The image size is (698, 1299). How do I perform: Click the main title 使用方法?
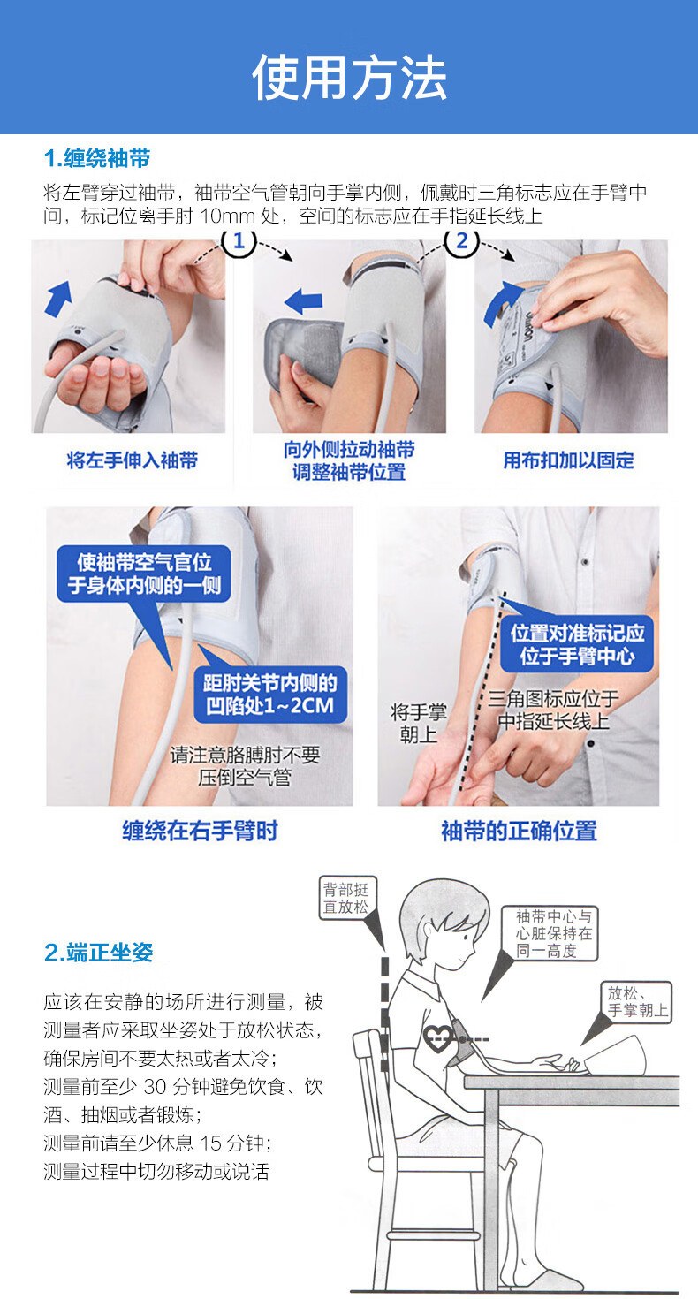349,78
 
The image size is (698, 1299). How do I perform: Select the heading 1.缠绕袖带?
97,159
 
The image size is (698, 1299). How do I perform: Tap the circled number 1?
239,241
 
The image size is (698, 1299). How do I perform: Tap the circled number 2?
460,241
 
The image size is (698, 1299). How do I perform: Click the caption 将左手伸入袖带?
133,460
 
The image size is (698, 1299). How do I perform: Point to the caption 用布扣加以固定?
568,460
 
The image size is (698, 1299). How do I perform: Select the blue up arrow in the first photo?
58,298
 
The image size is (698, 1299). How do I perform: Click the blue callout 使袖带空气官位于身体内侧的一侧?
143,574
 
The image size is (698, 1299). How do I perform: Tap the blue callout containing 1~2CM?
270,695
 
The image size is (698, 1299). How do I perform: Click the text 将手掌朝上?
419,722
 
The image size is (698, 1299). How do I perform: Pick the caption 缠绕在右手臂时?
200,831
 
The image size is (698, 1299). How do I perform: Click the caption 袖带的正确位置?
519,831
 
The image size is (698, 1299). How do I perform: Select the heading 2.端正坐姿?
99,952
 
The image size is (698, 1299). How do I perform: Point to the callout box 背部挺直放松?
345,898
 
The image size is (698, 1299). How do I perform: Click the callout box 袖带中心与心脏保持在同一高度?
554,933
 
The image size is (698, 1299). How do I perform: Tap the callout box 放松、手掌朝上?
637,1001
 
